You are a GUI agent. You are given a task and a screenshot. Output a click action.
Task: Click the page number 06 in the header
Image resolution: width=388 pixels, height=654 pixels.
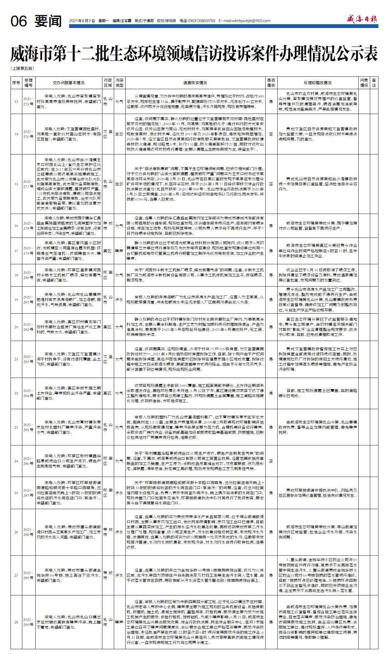[18, 21]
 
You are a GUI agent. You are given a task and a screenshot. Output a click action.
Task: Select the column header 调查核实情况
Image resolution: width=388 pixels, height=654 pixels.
[195, 83]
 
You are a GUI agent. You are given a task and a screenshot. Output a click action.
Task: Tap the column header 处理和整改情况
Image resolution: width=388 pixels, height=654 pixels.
[317, 83]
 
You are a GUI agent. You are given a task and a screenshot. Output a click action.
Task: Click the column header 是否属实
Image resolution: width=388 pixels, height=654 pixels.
[271, 83]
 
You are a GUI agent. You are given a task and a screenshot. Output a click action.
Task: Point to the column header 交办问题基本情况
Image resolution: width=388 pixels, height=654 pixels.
[69, 83]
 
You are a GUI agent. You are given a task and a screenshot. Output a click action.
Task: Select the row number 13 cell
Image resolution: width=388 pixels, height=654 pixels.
[16, 102]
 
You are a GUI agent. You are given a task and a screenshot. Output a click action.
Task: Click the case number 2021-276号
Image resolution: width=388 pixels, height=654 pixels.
[28, 134]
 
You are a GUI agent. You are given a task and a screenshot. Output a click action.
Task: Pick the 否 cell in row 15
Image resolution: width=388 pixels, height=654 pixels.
[271, 184]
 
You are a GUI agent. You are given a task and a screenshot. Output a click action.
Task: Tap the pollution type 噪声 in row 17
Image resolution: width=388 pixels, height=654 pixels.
[119, 251]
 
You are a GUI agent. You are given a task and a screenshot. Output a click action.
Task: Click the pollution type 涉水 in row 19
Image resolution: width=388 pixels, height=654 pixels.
[119, 300]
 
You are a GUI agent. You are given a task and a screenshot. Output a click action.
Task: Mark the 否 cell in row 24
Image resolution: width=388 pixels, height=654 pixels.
[271, 461]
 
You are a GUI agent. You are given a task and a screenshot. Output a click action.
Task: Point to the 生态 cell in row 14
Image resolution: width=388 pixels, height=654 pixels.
[119, 134]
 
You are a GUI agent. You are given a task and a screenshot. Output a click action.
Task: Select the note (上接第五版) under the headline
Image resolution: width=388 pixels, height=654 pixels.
[22, 68]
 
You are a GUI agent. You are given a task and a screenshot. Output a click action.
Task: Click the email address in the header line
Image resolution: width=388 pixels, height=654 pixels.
[245, 21]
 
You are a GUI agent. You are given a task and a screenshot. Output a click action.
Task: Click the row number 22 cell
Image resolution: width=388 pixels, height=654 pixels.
[16, 393]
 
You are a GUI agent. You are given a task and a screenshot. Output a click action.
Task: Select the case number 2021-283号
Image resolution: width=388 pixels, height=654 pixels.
[28, 359]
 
